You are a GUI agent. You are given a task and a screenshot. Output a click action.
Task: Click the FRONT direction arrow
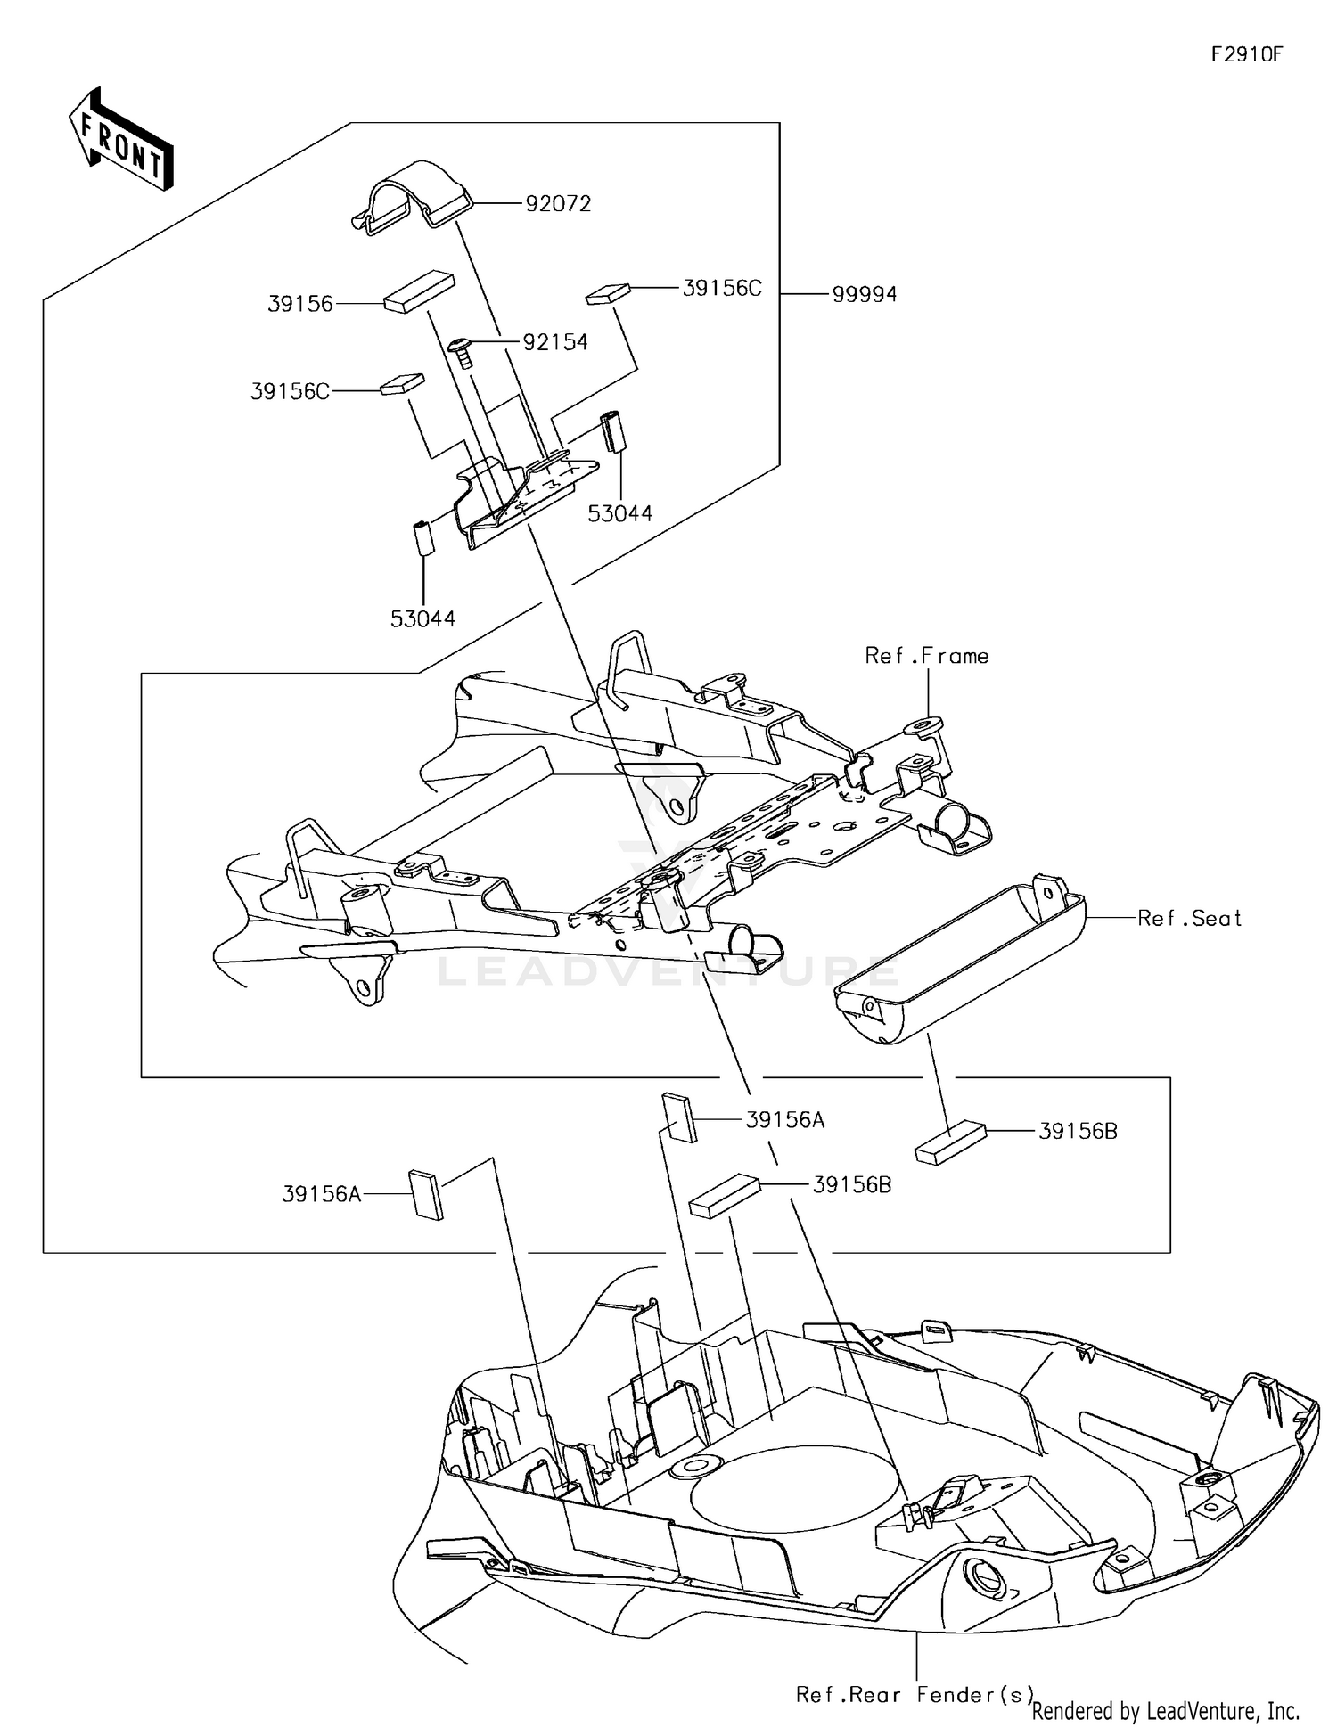point(121,140)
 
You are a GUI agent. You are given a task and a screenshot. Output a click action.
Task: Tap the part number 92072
point(558,204)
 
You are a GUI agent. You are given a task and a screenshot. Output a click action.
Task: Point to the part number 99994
point(864,295)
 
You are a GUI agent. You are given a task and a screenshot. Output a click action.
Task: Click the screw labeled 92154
point(462,351)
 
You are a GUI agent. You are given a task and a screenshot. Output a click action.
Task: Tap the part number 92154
point(555,342)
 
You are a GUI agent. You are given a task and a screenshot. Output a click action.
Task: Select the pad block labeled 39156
point(419,291)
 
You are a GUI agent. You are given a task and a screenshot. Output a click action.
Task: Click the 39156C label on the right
point(722,289)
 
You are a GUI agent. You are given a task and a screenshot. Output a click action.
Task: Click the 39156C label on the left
point(290,392)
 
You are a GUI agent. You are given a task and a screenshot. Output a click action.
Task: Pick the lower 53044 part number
point(422,618)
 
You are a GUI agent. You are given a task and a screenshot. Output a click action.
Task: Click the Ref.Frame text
point(927,657)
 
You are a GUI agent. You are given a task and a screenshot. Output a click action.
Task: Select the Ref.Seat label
point(1189,919)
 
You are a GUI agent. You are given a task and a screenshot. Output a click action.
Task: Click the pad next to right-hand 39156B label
point(950,1142)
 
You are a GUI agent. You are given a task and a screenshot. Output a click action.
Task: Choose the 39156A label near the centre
point(784,1120)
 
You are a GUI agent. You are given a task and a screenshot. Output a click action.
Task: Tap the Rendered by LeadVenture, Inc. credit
point(1165,1710)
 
